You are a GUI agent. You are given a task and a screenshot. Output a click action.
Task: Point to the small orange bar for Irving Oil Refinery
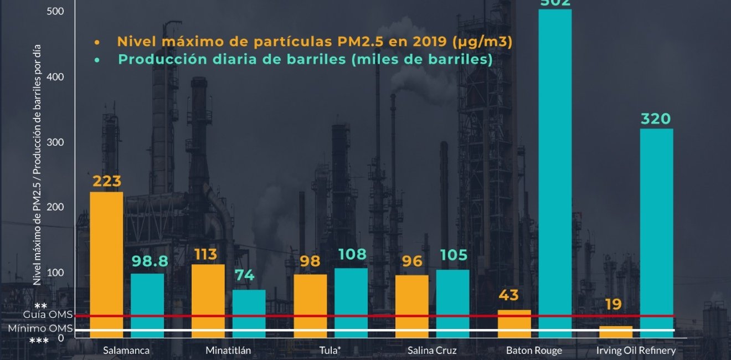pos(616,332)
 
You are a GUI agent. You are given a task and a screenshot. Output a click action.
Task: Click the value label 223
pos(106,182)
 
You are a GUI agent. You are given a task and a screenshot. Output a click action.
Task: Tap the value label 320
pos(656,119)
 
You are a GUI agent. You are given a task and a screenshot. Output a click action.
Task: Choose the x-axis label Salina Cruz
pos(432,351)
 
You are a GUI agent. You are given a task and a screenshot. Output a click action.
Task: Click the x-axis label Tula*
pos(330,351)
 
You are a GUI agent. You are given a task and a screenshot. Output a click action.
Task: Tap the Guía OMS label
pos(48,315)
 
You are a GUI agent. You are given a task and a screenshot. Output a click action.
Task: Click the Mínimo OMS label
pos(40,328)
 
